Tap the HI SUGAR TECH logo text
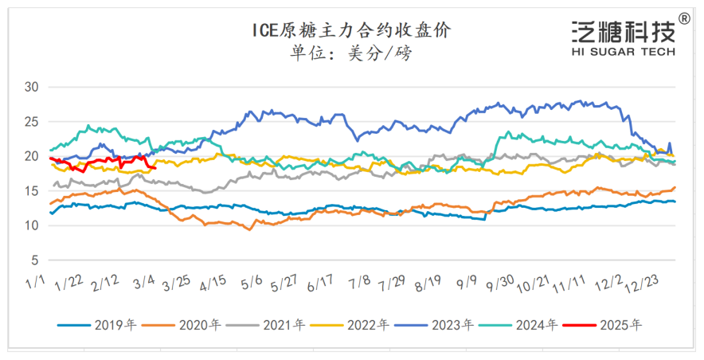point(624,51)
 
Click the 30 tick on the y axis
point(31,87)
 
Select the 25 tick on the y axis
point(31,122)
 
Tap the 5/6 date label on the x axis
point(253,284)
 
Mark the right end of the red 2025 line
point(155,167)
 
